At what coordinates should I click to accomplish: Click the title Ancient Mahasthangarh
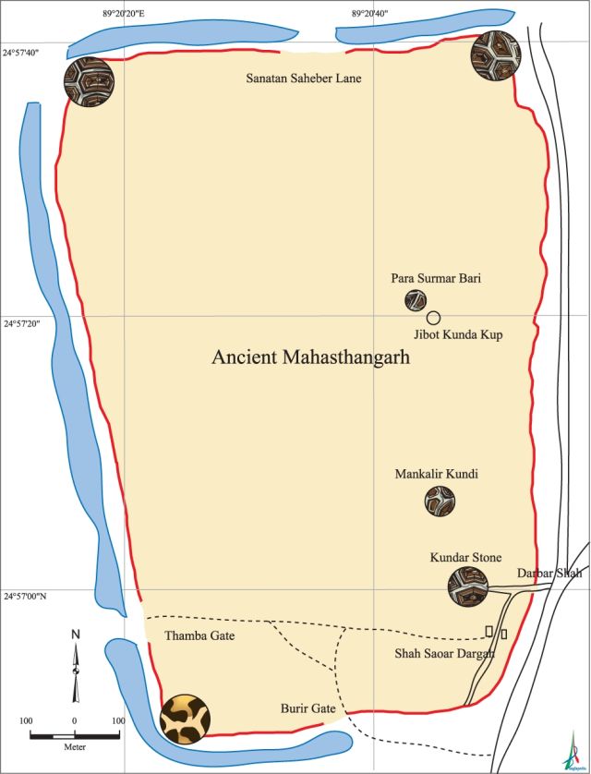point(310,357)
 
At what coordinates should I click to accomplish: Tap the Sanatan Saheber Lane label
point(303,79)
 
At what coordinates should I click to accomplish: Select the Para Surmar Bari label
point(436,278)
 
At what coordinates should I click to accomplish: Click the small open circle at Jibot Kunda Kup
point(433,318)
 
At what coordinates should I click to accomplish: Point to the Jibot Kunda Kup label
point(457,334)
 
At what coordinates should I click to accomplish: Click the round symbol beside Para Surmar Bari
point(416,300)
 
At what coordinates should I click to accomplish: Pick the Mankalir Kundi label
point(438,475)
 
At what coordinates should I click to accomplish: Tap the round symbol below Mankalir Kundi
point(440,502)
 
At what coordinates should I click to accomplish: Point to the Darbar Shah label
point(549,574)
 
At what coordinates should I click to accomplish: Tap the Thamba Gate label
point(199,636)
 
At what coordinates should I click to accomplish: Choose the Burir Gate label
point(308,709)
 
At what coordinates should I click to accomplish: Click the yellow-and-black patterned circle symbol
point(185,719)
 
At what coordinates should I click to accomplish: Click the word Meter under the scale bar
point(75,744)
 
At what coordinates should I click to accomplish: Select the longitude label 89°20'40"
point(369,14)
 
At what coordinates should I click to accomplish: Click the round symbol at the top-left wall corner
point(89,84)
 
